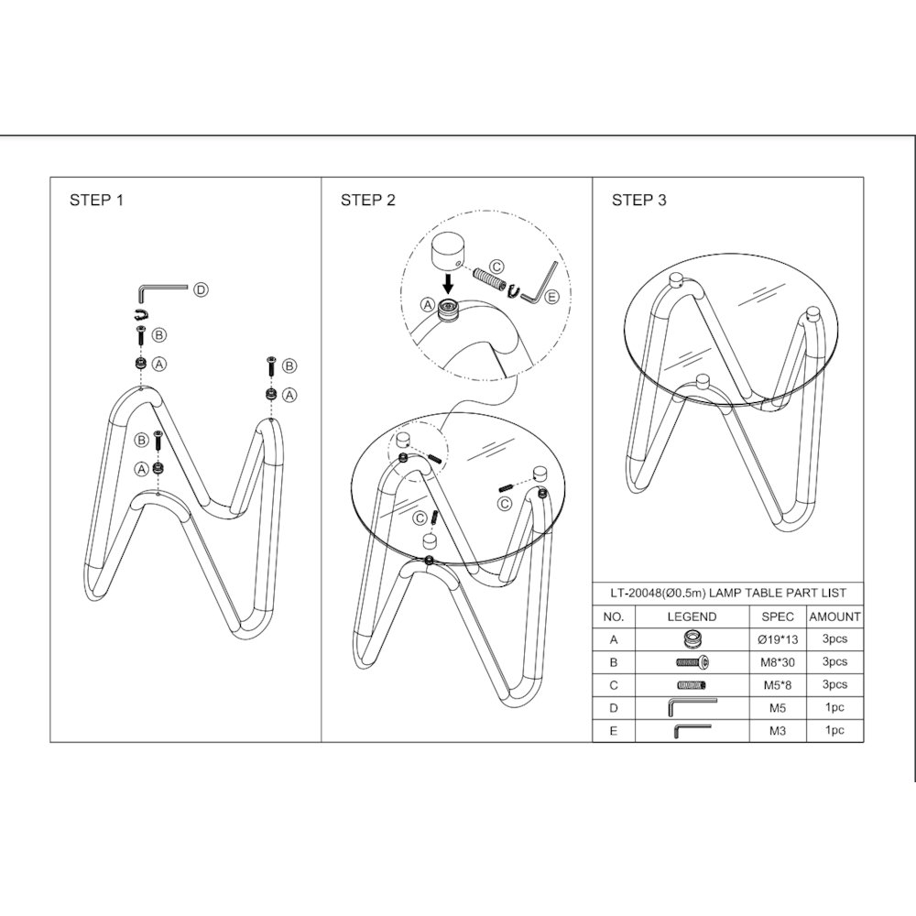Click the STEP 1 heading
[x=96, y=200]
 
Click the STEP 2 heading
[x=368, y=200]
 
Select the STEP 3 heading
[x=639, y=200]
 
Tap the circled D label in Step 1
[x=201, y=289]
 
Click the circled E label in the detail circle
[x=551, y=297]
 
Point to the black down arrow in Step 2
[x=448, y=285]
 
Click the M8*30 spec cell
[x=778, y=662]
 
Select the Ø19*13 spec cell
[x=778, y=639]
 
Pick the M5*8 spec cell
[x=778, y=685]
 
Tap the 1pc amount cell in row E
[x=834, y=730]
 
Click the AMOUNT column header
[x=834, y=616]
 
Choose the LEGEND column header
[x=692, y=616]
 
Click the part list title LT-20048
[x=728, y=594]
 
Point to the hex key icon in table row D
[x=692, y=707]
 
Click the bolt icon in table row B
[x=692, y=662]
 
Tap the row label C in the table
[x=614, y=685]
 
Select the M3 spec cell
[x=778, y=731]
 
